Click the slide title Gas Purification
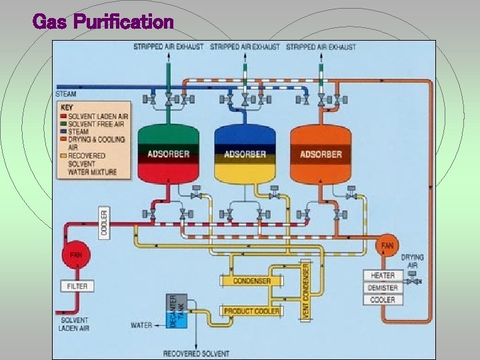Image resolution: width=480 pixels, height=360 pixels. pos(103,22)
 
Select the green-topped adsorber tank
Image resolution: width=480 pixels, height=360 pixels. pos(169,154)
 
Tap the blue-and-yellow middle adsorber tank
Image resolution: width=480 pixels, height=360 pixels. pos(245,154)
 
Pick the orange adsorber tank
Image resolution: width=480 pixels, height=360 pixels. pos(321,154)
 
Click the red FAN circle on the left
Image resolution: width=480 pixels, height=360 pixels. pos(77,255)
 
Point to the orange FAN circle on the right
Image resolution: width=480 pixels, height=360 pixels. pos(387,245)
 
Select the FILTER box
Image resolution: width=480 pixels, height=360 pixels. pos(77,286)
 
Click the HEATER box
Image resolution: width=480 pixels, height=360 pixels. pos(383,275)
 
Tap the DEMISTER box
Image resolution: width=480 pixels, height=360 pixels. pos(383,288)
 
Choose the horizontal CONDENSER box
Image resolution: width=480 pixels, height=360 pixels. pos(251,281)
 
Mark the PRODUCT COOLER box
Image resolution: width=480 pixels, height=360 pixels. pos(251,311)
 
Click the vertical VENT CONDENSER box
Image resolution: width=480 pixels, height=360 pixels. pos(306,289)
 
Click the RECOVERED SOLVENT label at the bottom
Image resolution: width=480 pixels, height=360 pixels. pos(196,353)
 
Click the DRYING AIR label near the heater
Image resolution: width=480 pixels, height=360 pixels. pos(412,261)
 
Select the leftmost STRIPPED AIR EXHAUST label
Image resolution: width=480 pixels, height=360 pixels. pos(168,47)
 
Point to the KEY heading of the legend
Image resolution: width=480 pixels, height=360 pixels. pos(67,107)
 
